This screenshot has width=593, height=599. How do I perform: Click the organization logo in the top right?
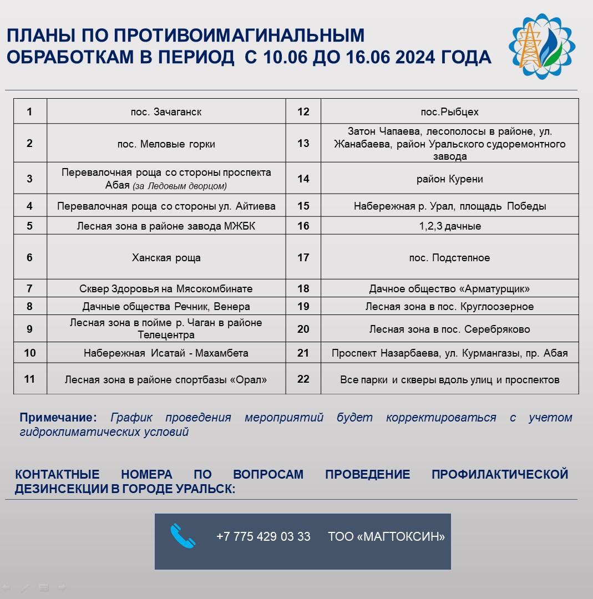click(541, 47)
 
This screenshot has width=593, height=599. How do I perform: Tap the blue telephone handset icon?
click(183, 536)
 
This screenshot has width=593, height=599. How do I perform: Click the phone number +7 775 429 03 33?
click(263, 537)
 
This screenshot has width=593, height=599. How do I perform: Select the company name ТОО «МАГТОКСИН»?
click(386, 537)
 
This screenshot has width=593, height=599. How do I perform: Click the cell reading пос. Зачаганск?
click(166, 112)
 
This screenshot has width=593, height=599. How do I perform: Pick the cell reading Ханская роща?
click(166, 257)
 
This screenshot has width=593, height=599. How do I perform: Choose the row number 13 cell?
click(303, 144)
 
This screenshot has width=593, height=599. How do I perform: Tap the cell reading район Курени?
click(449, 179)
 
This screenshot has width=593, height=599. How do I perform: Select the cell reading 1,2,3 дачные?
click(449, 226)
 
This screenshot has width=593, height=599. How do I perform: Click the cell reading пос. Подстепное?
click(449, 257)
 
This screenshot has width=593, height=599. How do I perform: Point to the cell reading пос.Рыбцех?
click(449, 112)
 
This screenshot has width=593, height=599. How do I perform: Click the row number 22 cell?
click(303, 379)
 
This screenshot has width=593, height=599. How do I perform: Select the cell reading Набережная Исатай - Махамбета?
click(166, 353)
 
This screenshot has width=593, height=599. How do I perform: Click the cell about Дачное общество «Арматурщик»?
click(449, 289)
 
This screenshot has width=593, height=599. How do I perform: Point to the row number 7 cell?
click(29, 288)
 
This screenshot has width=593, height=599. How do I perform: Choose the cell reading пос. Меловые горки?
click(166, 144)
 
